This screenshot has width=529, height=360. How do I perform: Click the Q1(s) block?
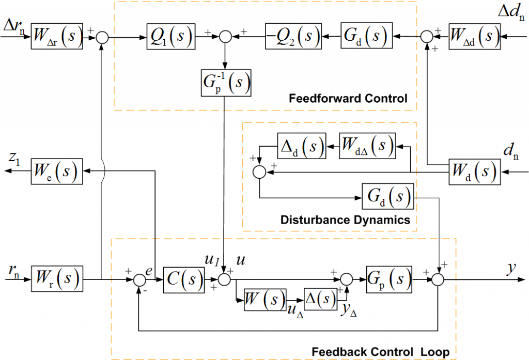tap(170, 37)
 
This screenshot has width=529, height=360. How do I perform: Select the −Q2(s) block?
tap(292, 37)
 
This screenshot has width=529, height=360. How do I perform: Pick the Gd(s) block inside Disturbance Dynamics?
tap(388, 197)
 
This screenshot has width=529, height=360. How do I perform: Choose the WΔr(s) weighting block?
tap(57, 37)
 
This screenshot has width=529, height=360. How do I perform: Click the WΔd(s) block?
tap(474, 37)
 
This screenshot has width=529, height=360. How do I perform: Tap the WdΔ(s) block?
tap(367, 147)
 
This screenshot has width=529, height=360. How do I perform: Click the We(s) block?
tap(57, 171)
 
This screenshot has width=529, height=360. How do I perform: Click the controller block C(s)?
tap(184, 279)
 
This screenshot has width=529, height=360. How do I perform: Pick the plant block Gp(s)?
tap(388, 279)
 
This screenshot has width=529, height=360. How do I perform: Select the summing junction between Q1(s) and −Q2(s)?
tap(225, 37)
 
